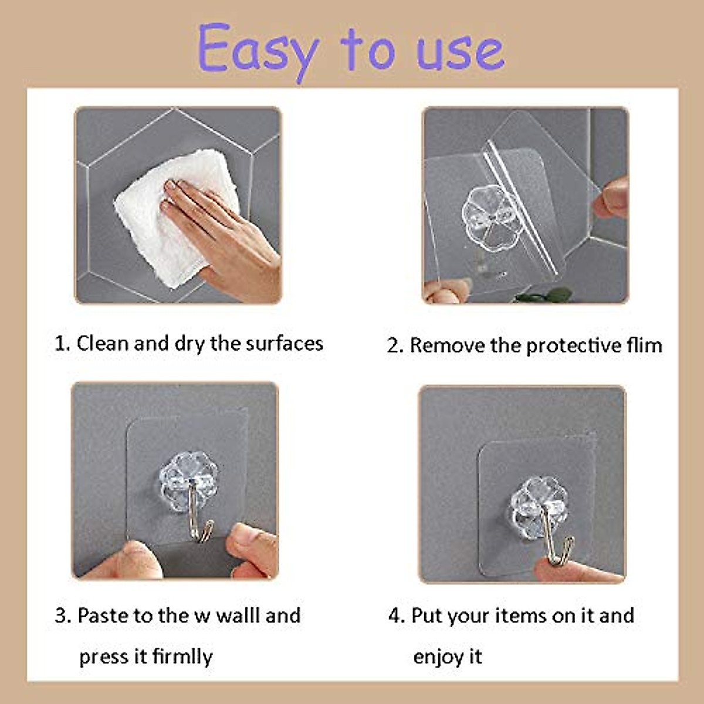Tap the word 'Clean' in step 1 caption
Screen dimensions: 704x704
click(103, 343)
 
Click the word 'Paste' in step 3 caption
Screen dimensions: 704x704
click(103, 615)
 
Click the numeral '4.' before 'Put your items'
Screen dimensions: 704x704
click(396, 615)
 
